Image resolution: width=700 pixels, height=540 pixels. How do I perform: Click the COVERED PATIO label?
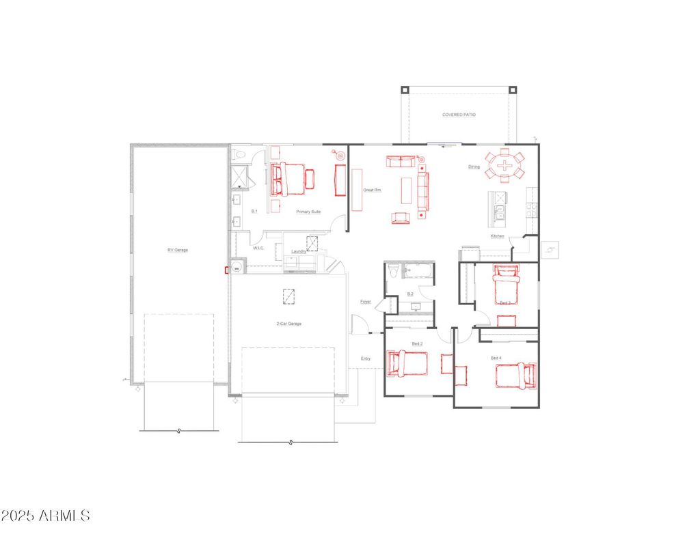click(x=458, y=115)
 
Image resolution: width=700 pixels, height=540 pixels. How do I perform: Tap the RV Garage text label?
click(x=178, y=250)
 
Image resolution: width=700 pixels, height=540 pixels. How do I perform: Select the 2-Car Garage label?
click(x=288, y=324)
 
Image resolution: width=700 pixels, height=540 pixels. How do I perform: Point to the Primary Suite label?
click(x=308, y=212)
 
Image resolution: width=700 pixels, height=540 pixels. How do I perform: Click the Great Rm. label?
click(x=372, y=190)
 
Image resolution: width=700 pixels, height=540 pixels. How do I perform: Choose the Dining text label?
click(x=474, y=167)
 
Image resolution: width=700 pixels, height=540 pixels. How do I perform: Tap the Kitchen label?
click(x=497, y=236)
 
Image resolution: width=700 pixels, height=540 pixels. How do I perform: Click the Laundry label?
click(x=298, y=251)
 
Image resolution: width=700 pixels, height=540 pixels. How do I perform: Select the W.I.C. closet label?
click(x=258, y=248)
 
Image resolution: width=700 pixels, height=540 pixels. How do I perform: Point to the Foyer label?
click(x=366, y=301)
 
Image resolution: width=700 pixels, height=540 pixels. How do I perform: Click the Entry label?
click(x=366, y=358)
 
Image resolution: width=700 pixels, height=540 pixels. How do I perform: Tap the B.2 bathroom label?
click(x=410, y=294)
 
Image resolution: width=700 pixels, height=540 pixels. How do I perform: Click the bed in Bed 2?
click(x=407, y=363)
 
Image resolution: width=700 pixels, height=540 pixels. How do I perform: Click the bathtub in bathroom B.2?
click(x=418, y=272)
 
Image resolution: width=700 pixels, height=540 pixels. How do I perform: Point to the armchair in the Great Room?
click(x=401, y=218)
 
